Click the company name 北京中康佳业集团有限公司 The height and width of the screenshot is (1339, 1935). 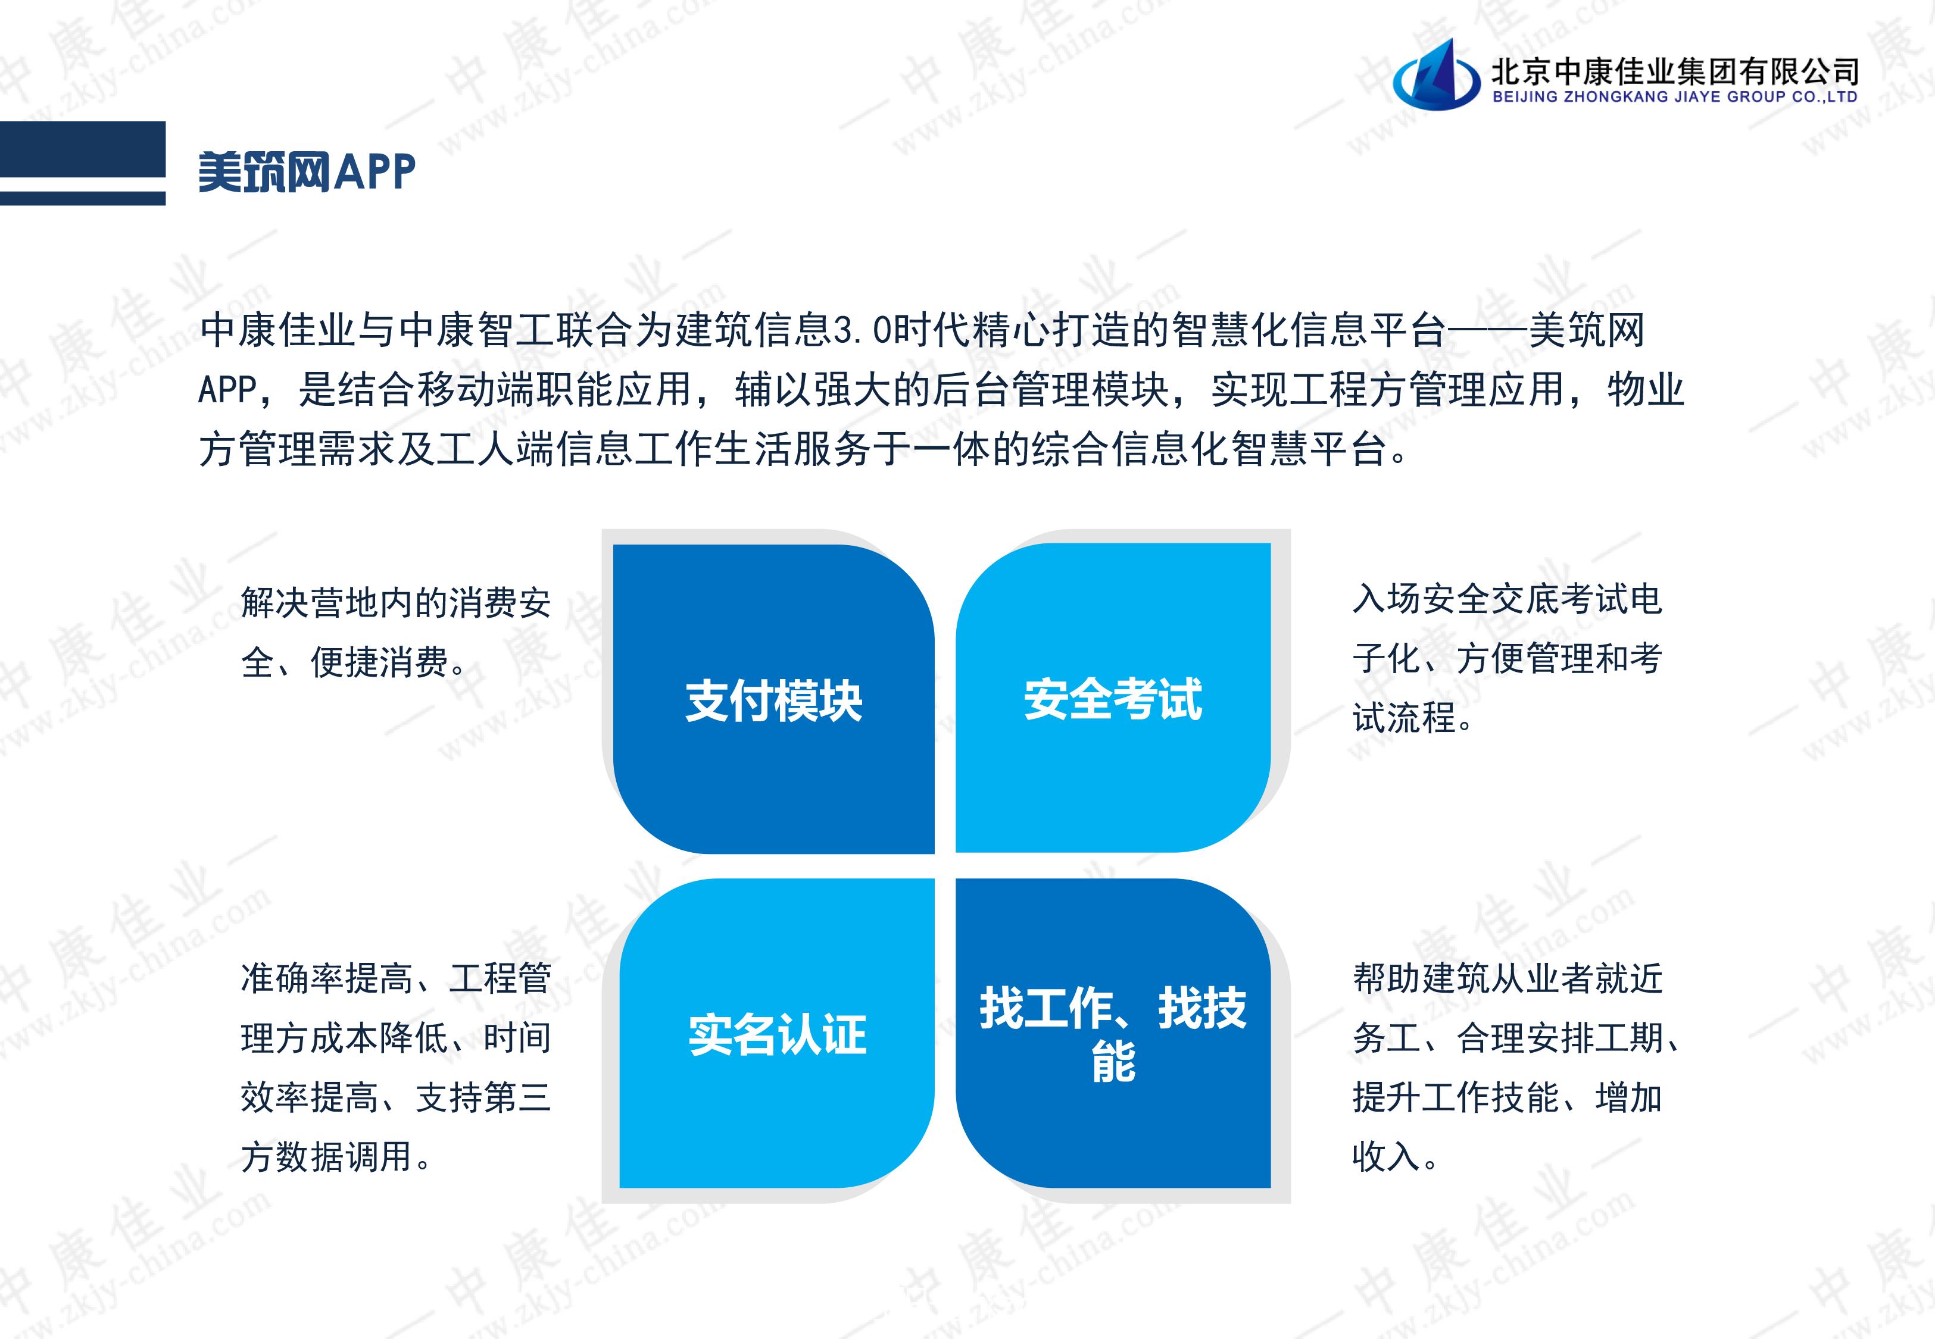pos(1675,71)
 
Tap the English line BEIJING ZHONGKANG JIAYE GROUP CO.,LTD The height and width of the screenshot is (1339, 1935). pos(1675,98)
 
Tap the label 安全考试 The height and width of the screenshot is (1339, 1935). pos(1113,699)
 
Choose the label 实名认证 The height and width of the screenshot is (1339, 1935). pos(777,1034)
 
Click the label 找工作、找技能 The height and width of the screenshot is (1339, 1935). pos(1113,1034)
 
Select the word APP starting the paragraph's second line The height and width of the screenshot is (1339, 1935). pos(227,389)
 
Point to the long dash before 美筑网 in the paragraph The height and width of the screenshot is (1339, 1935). pos(1486,330)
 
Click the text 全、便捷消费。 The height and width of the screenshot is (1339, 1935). pos(353,662)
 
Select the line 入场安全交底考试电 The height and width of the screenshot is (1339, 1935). pos(1507,598)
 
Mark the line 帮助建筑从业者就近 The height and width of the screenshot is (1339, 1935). pos(1507,977)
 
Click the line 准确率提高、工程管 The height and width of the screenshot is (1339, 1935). pos(396,977)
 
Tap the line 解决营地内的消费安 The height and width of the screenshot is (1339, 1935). pos(396,602)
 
